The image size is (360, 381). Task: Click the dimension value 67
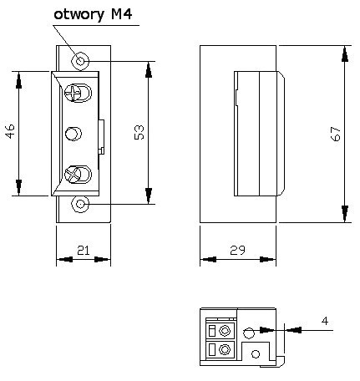335,135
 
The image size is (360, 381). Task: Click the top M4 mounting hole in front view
80,60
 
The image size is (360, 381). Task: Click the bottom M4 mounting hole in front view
80,203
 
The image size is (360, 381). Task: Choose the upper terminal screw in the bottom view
224,331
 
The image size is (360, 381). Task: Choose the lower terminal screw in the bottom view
224,350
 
